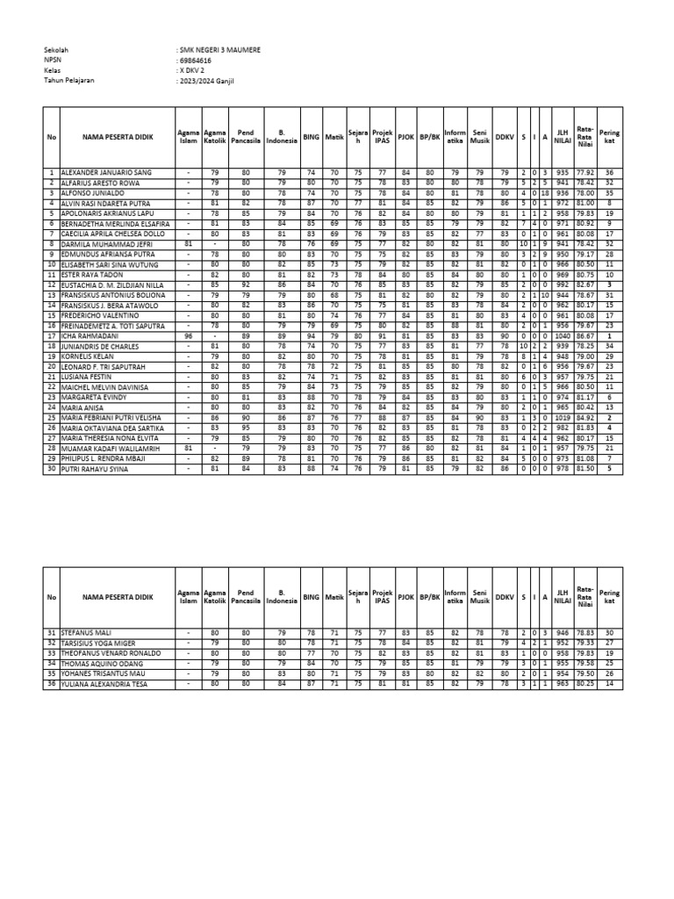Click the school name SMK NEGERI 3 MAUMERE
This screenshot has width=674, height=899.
[x=219, y=51]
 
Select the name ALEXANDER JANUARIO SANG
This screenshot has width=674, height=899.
[x=106, y=173]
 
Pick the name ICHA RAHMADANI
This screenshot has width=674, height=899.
[x=90, y=335]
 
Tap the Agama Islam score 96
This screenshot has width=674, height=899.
[x=189, y=335]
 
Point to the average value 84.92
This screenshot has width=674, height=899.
[x=585, y=417]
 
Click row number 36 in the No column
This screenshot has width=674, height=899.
[x=52, y=683]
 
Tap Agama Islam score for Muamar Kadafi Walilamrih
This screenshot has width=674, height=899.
[x=189, y=448]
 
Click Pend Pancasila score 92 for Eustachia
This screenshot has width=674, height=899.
[x=246, y=285]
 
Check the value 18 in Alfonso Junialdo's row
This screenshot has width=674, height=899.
[x=544, y=193]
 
